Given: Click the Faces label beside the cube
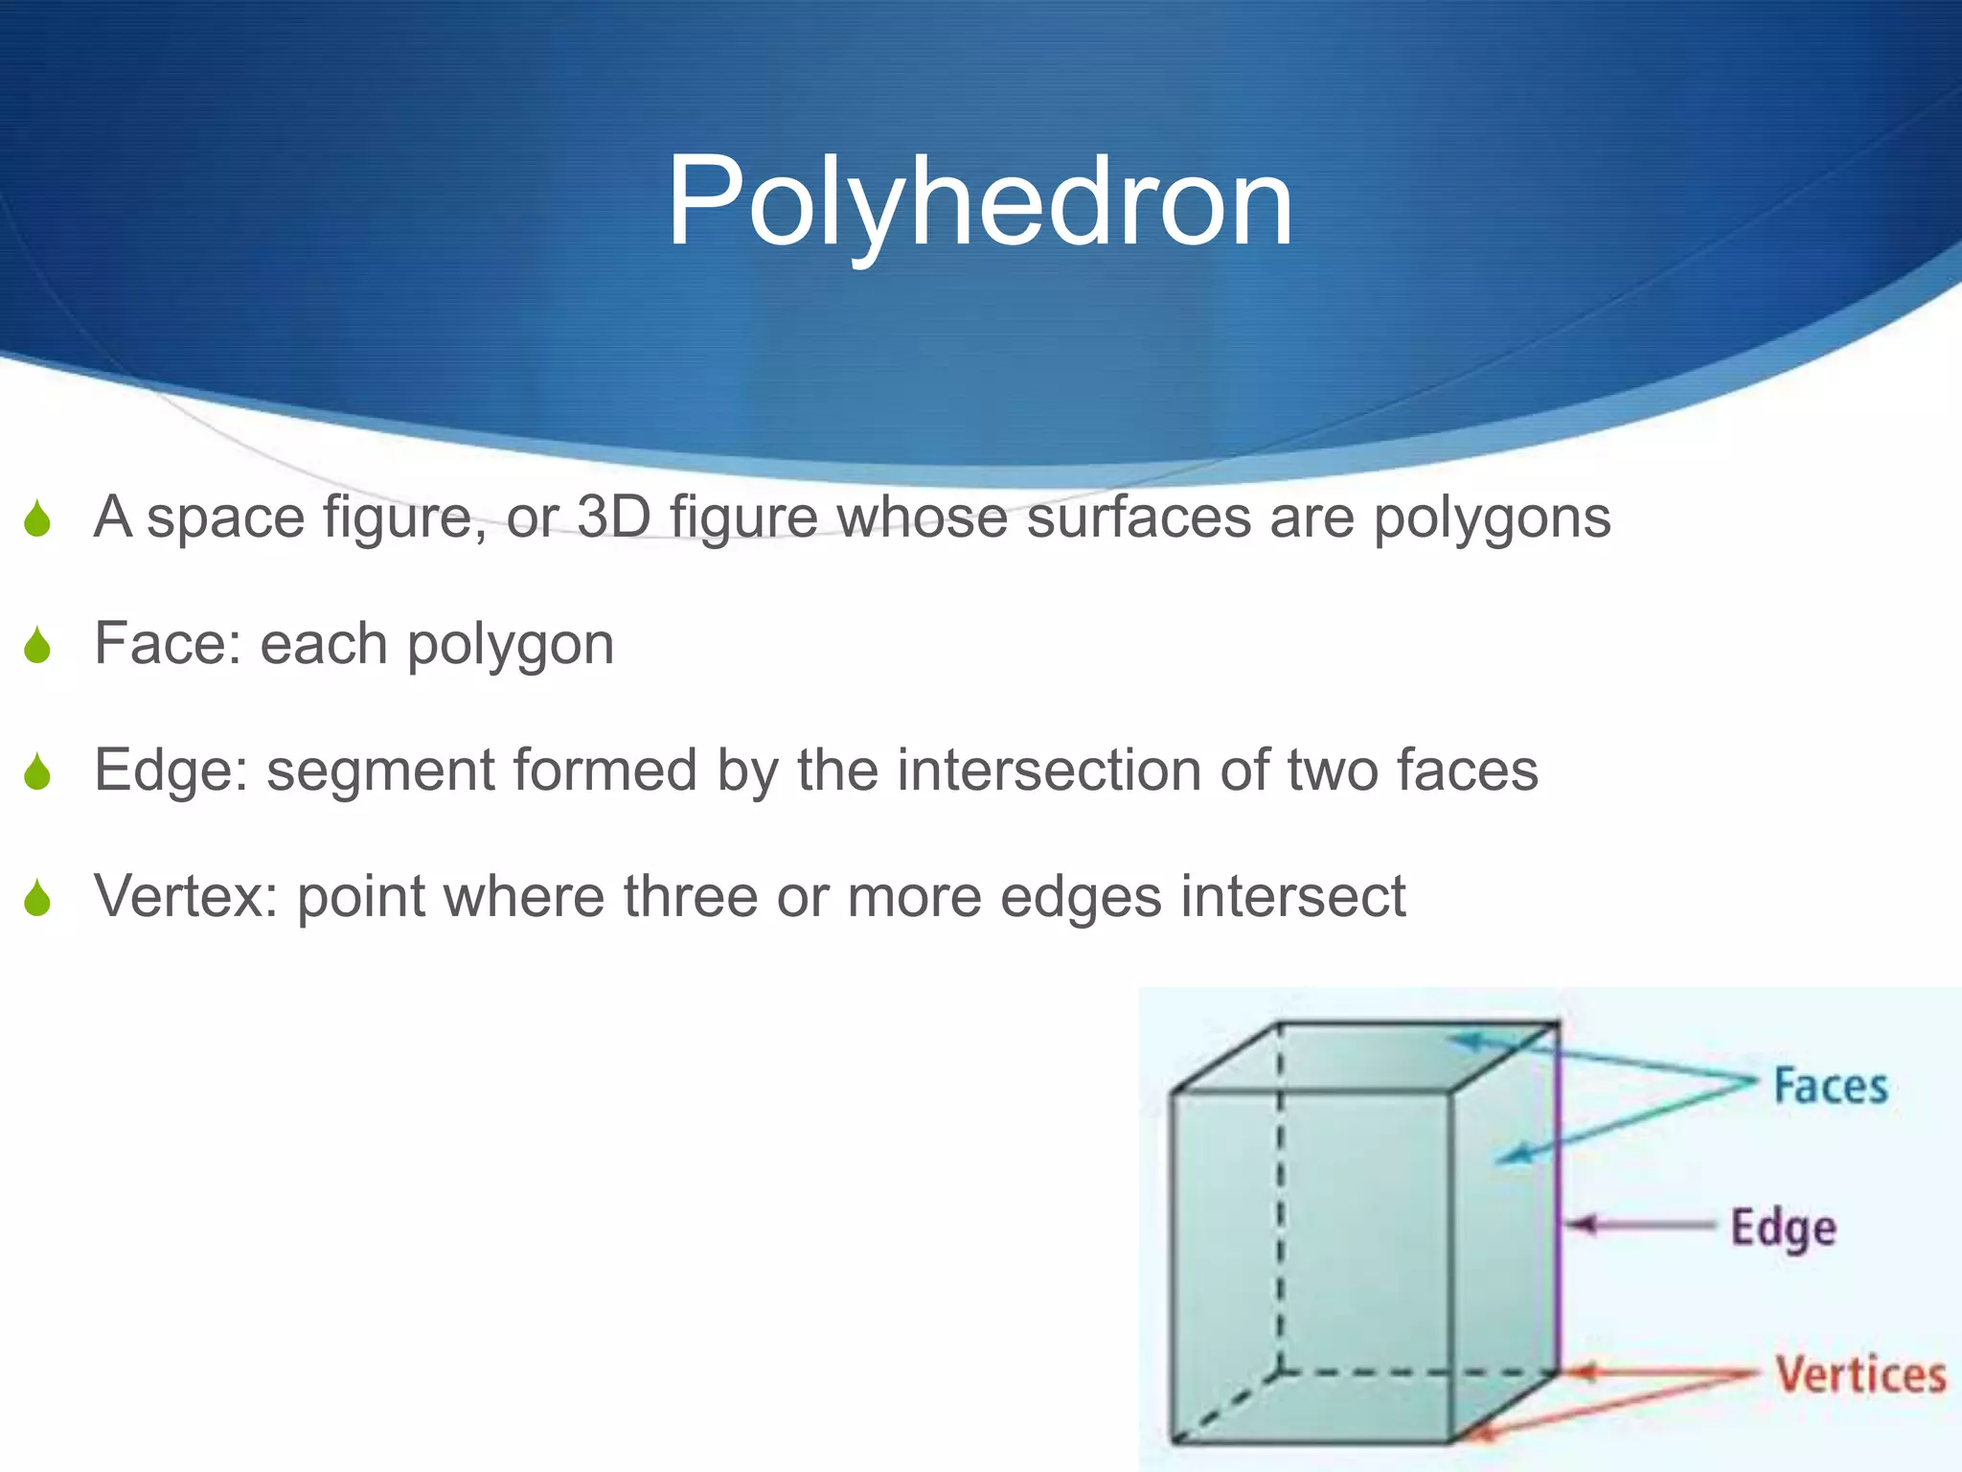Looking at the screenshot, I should coord(1830,1087).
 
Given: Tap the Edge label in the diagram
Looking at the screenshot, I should coord(1783,1229).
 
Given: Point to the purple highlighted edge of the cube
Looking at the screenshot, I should coord(1559,1198).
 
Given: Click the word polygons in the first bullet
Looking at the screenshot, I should coord(1492,518).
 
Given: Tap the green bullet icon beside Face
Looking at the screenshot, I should coord(37,645).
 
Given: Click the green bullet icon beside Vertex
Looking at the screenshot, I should coord(37,898).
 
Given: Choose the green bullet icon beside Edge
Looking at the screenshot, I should coord(37,771).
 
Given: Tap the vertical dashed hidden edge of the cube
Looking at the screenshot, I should coord(1281,1198).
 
